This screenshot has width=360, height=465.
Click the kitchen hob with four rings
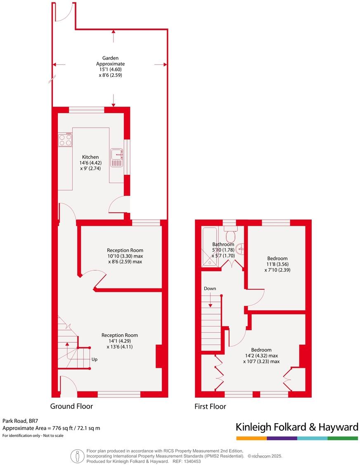coord(65,140)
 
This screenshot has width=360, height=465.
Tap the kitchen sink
coord(117,157)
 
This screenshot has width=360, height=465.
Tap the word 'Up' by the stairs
coord(95,359)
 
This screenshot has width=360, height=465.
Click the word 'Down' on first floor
coord(210,289)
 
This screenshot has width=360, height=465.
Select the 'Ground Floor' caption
coord(71,406)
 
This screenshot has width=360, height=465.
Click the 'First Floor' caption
coord(210,407)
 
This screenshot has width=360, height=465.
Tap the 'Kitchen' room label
coord(90,157)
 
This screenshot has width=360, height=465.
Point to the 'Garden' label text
coord(110,58)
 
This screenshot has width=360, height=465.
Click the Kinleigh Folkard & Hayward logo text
coord(296,427)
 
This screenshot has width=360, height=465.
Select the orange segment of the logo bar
coord(251,438)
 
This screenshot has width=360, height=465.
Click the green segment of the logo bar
coord(343,438)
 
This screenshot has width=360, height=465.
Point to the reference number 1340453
coord(192,461)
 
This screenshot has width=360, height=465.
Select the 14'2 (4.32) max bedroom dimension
coord(261,355)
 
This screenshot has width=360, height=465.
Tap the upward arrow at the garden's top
coord(114,37)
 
